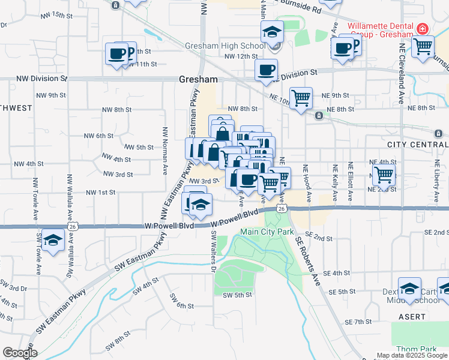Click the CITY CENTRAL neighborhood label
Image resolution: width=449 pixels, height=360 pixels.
[x=418, y=145]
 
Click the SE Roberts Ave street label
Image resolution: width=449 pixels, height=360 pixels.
[x=307, y=259]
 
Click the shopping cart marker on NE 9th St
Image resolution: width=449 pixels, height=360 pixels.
[x=301, y=97]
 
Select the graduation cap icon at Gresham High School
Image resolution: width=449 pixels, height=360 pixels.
[x=272, y=31]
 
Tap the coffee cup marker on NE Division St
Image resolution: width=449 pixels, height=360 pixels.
[x=266, y=69]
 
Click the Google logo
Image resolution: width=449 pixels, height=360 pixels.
[x=19, y=353]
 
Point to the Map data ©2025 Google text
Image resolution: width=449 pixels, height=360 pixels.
[x=412, y=355]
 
